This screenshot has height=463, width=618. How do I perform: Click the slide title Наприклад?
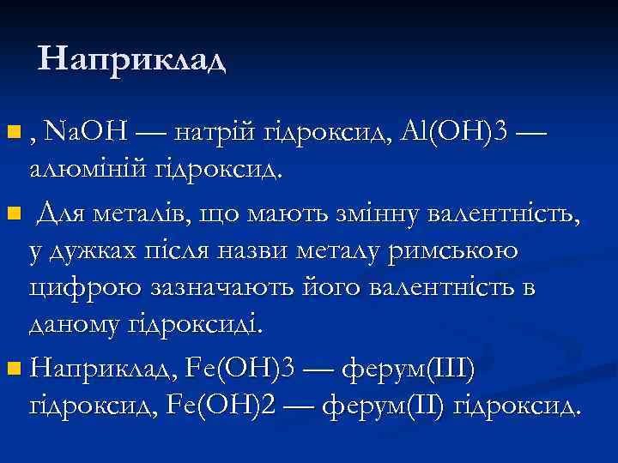132,60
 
